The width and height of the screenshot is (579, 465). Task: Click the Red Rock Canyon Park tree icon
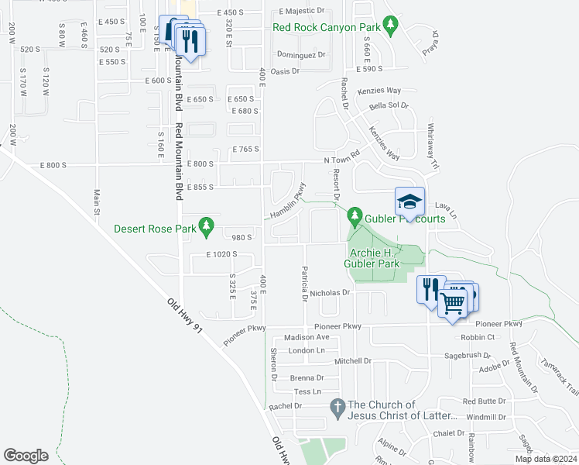[392, 27]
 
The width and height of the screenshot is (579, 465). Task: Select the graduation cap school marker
[409, 204]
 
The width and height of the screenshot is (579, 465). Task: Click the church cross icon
[337, 406]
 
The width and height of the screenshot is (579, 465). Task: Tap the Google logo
[26, 456]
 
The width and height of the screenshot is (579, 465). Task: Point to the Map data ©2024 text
[545, 459]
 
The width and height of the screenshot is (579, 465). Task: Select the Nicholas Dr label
[331, 294]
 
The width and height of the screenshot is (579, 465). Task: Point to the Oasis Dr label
[285, 71]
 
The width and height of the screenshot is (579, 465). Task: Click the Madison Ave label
[307, 337]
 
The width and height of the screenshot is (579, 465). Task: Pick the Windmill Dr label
[486, 417]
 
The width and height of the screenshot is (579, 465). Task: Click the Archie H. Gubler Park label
[374, 258]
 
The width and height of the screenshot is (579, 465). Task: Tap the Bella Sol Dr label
[389, 105]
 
